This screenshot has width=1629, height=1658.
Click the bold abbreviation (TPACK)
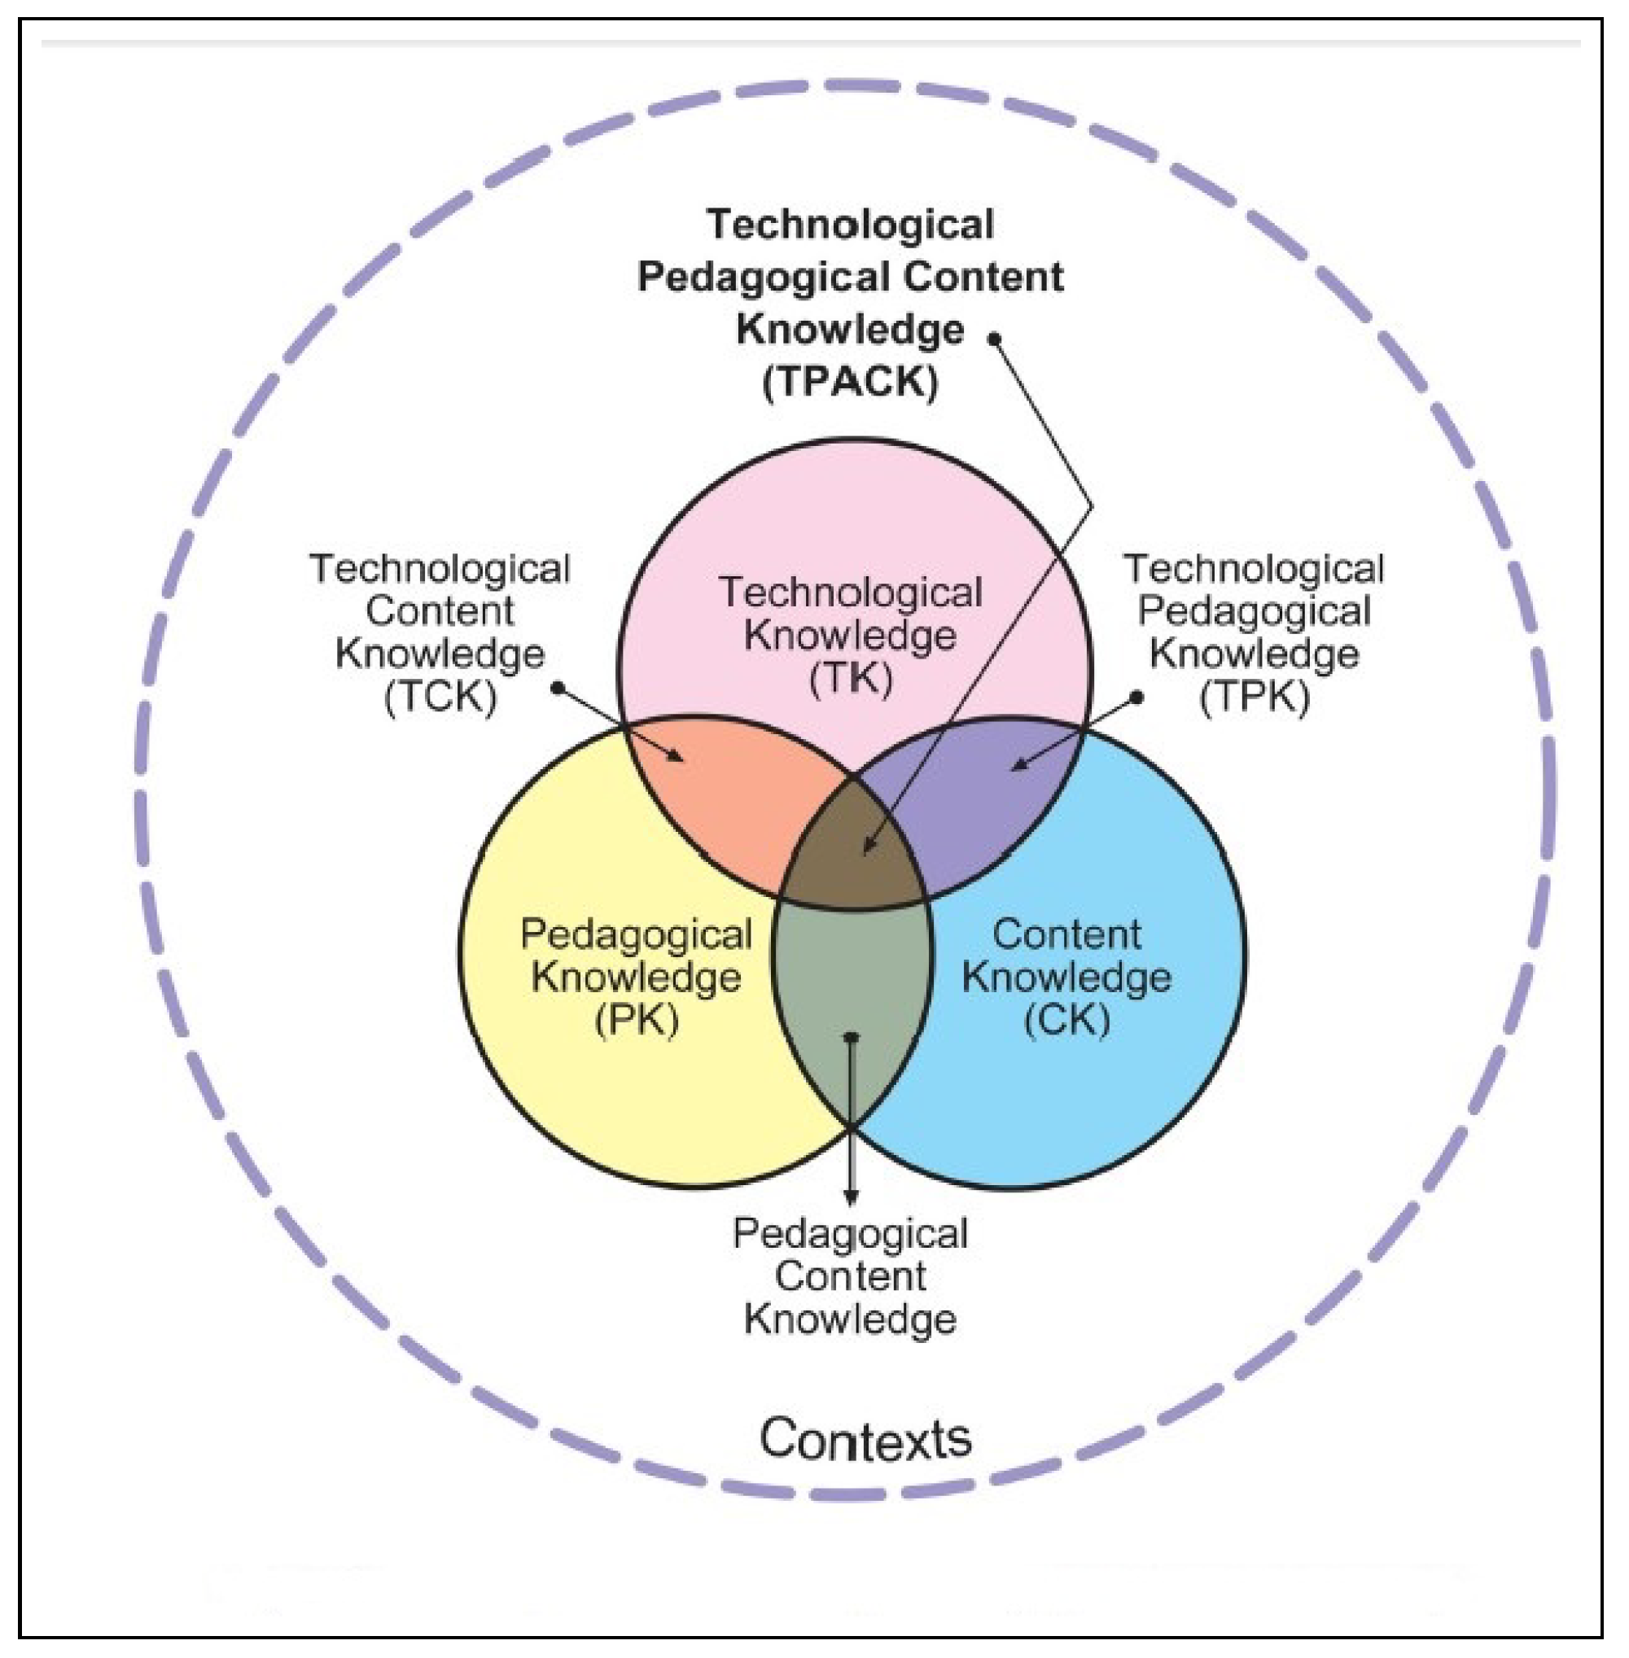(x=850, y=382)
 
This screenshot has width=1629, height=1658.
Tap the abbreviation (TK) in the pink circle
(x=850, y=679)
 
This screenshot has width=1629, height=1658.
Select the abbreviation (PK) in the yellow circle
(x=636, y=1019)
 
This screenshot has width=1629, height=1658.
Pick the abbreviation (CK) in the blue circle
(x=1066, y=1019)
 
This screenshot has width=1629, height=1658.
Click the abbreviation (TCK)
(x=440, y=697)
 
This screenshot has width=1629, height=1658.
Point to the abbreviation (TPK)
(x=1254, y=697)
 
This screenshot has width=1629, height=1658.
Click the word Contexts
(x=865, y=1438)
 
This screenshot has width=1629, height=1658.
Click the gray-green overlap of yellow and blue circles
(x=852, y=984)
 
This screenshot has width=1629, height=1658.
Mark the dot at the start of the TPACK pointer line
(x=994, y=339)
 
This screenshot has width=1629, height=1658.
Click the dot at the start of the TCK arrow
(x=557, y=687)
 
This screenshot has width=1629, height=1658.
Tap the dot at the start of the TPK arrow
(x=1136, y=698)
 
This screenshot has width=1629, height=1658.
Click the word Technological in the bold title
(x=850, y=225)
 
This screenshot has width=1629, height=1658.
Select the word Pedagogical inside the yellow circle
(x=636, y=934)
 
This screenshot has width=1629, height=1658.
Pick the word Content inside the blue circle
(x=1066, y=934)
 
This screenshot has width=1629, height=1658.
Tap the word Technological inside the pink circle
(x=850, y=593)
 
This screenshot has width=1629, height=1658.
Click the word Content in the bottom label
(x=850, y=1277)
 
